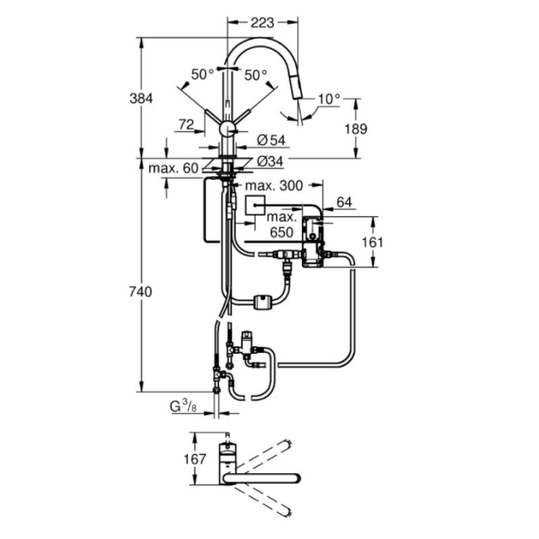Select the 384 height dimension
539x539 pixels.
click(140, 98)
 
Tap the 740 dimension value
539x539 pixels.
click(140, 292)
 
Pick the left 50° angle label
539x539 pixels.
click(201, 75)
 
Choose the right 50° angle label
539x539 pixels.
click(255, 75)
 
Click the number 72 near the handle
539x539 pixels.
click(187, 124)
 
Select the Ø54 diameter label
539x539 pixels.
click(271, 140)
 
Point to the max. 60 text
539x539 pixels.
click(174, 168)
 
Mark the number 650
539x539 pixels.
click(282, 232)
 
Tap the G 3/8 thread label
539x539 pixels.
click(183, 407)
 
